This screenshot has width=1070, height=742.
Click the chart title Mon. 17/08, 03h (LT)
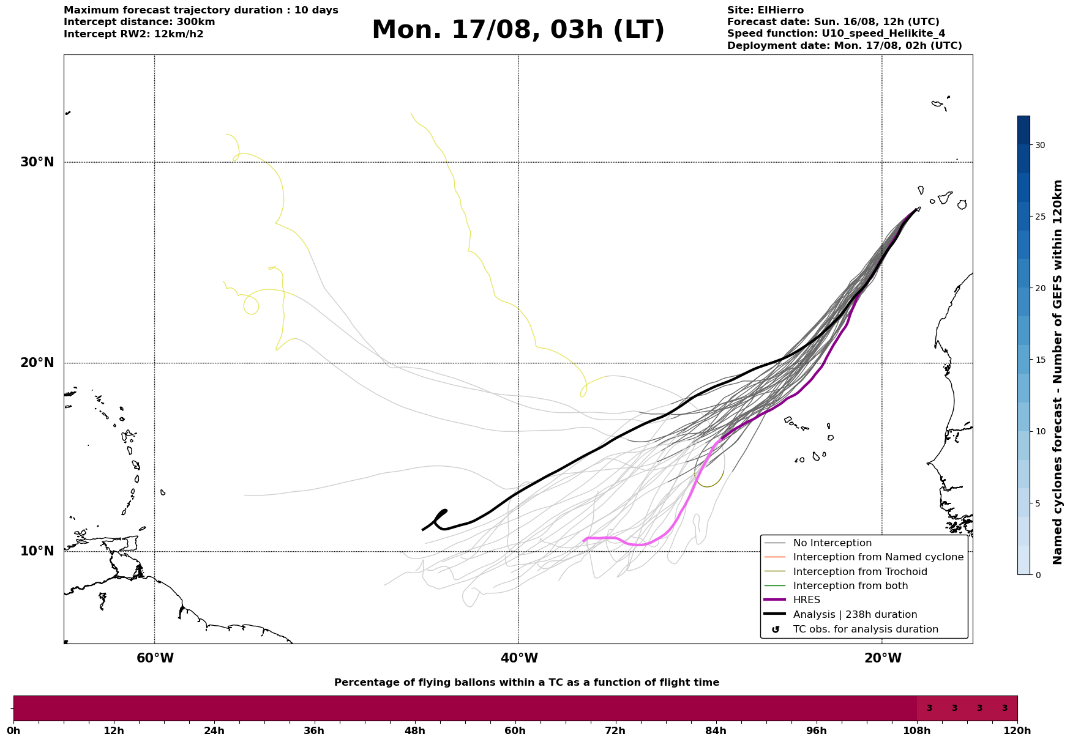pos(518,30)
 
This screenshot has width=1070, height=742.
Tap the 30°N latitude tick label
pos(37,162)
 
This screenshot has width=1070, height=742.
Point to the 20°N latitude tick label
pos(37,363)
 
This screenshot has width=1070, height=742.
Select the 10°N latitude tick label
pos(37,551)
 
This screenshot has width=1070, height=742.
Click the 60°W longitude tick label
pos(155,658)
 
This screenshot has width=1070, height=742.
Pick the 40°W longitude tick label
pos(519,658)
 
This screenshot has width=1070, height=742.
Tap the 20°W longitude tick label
pos(883,658)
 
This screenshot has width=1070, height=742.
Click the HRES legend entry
pos(806,600)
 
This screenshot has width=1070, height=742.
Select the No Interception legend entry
pos(832,543)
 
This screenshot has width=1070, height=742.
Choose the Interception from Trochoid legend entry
pos(860,572)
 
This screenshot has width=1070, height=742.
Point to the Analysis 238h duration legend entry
pos(855,615)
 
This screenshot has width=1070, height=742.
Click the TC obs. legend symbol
pos(776,629)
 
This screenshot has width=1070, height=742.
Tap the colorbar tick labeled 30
pos(1039,145)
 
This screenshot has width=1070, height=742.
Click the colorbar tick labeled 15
pos(1039,360)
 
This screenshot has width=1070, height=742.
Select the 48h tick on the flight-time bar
pos(415,730)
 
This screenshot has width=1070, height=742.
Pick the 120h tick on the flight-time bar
pos(1017,730)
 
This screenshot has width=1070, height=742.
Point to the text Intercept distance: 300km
pos(140,22)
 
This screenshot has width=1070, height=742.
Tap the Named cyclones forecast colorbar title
pos(1057,372)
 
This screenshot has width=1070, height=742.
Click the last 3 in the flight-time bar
pos(1005,708)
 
